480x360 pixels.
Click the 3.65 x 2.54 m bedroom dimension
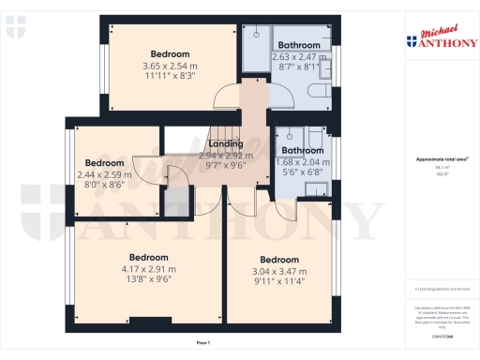pos(170,67)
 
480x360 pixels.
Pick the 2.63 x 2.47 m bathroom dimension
pos(299,57)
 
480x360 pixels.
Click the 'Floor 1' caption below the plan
pos(202,344)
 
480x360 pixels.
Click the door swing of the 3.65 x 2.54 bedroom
pos(225,97)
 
